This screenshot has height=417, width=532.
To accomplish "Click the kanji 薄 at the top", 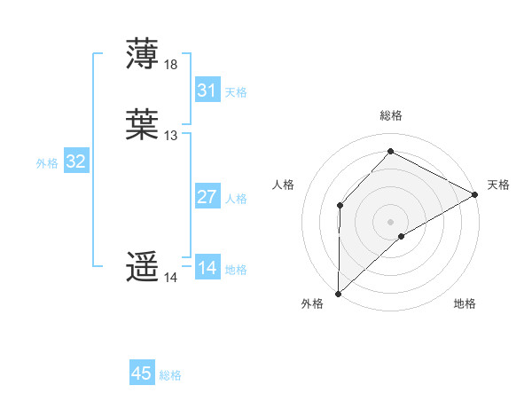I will click(x=143, y=54).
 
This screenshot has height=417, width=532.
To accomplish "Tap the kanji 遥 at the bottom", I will click(x=143, y=267).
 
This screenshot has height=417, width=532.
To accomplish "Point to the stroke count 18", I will click(x=171, y=65).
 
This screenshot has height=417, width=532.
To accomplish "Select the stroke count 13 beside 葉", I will click(x=171, y=136).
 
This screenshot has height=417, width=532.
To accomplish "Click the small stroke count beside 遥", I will click(x=171, y=278).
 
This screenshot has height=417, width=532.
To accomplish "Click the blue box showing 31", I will click(x=207, y=90).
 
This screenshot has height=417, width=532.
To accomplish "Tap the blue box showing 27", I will click(x=207, y=197).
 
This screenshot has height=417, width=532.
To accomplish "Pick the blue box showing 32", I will click(x=75, y=161).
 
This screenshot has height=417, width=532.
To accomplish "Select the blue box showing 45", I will click(x=142, y=374).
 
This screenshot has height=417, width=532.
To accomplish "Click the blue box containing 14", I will click(x=207, y=268).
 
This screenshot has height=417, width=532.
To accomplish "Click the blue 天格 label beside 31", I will click(x=236, y=92).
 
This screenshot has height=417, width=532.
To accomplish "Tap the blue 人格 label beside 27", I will click(x=236, y=199).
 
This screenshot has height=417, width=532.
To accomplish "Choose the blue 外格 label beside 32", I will click(x=47, y=163).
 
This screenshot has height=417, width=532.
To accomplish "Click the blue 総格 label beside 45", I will click(x=171, y=375).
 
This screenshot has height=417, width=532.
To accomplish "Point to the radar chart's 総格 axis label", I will click(x=391, y=115).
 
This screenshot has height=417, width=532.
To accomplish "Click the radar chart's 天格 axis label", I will click(x=498, y=185).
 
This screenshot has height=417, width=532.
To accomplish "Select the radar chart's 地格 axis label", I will click(x=465, y=303).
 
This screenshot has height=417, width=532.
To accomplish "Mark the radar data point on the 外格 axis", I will click(x=338, y=293).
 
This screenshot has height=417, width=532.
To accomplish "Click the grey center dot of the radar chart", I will click(x=391, y=221).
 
